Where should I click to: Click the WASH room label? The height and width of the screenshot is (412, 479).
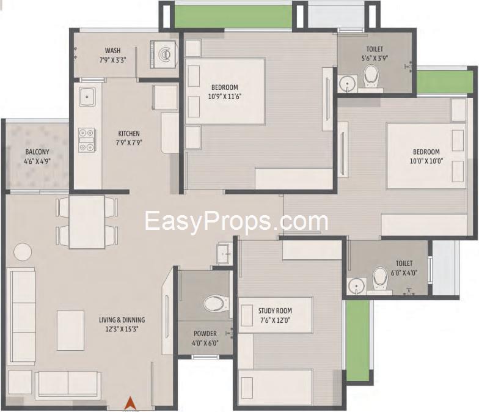(112, 50)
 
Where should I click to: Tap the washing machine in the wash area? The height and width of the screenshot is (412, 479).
(164, 54)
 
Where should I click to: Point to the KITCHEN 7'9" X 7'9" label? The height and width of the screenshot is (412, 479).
(129, 138)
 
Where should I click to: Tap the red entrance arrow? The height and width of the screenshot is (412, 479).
(130, 402)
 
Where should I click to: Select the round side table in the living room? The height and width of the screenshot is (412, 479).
(23, 252)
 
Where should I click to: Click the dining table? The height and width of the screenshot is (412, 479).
(87, 222)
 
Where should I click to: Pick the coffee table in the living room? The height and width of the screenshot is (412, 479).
(71, 330)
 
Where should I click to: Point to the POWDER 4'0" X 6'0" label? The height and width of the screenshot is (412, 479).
(205, 339)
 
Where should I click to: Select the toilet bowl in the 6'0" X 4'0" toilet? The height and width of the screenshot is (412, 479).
(380, 279)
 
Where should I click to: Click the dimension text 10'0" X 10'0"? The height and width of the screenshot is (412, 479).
(426, 161)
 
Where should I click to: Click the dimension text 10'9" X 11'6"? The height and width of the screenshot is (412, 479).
(225, 97)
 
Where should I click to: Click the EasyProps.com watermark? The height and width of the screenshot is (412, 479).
(236, 221)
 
